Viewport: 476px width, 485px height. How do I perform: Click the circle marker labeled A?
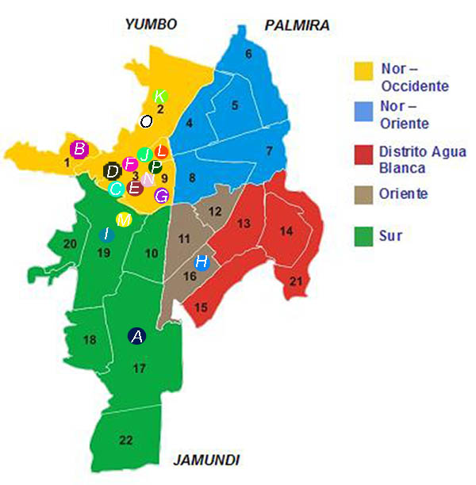click(137, 336)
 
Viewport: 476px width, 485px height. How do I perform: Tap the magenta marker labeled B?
click(79, 149)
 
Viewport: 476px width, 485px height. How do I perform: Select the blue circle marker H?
click(202, 262)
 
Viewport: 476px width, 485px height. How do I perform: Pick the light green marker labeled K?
click(159, 97)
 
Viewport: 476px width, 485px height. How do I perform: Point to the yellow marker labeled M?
click(123, 219)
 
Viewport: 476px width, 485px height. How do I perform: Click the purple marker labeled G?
click(161, 195)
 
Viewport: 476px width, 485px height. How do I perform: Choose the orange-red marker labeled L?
click(161, 151)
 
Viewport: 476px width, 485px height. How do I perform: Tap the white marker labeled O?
click(146, 121)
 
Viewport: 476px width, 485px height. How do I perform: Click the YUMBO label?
click(151, 25)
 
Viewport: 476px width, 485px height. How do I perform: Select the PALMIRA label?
click(297, 26)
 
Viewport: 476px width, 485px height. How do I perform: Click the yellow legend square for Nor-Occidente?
click(363, 71)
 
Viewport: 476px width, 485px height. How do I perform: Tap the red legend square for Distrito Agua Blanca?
click(363, 155)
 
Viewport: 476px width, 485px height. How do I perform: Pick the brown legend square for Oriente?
click(363, 194)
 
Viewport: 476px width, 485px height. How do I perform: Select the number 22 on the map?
click(125, 441)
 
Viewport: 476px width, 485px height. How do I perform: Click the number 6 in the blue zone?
click(248, 54)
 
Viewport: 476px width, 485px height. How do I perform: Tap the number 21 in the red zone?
click(295, 281)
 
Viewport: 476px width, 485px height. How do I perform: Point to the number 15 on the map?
click(202, 307)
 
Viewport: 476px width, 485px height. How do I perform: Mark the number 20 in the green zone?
click(70, 242)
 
